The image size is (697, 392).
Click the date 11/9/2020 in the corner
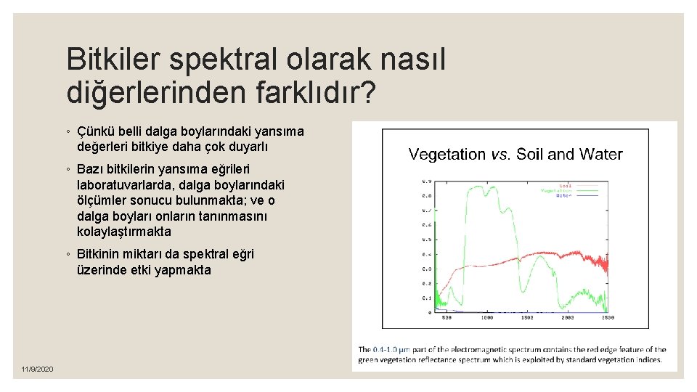click(37, 370)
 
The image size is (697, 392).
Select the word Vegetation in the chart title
click(447, 154)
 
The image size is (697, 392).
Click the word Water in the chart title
click(600, 154)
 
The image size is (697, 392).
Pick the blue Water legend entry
click(563, 195)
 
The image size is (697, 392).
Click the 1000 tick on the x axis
click(486, 318)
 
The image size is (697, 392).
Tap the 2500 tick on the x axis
click(607, 318)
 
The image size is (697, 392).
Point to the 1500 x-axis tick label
click(527, 318)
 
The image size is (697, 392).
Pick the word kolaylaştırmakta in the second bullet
click(124, 232)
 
